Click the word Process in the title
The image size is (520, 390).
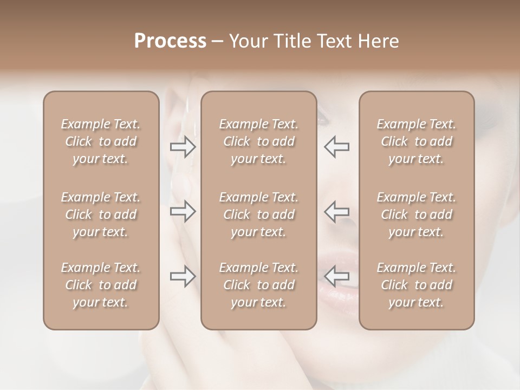[170, 41]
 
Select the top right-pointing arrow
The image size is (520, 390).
[183, 147]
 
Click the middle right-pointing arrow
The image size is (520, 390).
[183, 211]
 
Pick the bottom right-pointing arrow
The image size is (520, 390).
[183, 276]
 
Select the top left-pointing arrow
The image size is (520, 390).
[336, 147]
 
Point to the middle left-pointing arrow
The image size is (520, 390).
[336, 211]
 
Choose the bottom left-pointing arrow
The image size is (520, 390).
[336, 276]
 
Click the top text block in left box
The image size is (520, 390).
[101, 141]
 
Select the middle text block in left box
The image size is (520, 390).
[101, 214]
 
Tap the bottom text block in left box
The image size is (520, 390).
[101, 285]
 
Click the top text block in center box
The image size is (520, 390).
[258, 141]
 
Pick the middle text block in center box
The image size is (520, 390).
[258, 214]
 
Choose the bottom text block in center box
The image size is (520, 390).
[258, 285]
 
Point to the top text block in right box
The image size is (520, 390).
[416, 141]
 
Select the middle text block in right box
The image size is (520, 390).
[416, 214]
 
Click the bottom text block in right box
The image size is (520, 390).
[416, 285]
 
